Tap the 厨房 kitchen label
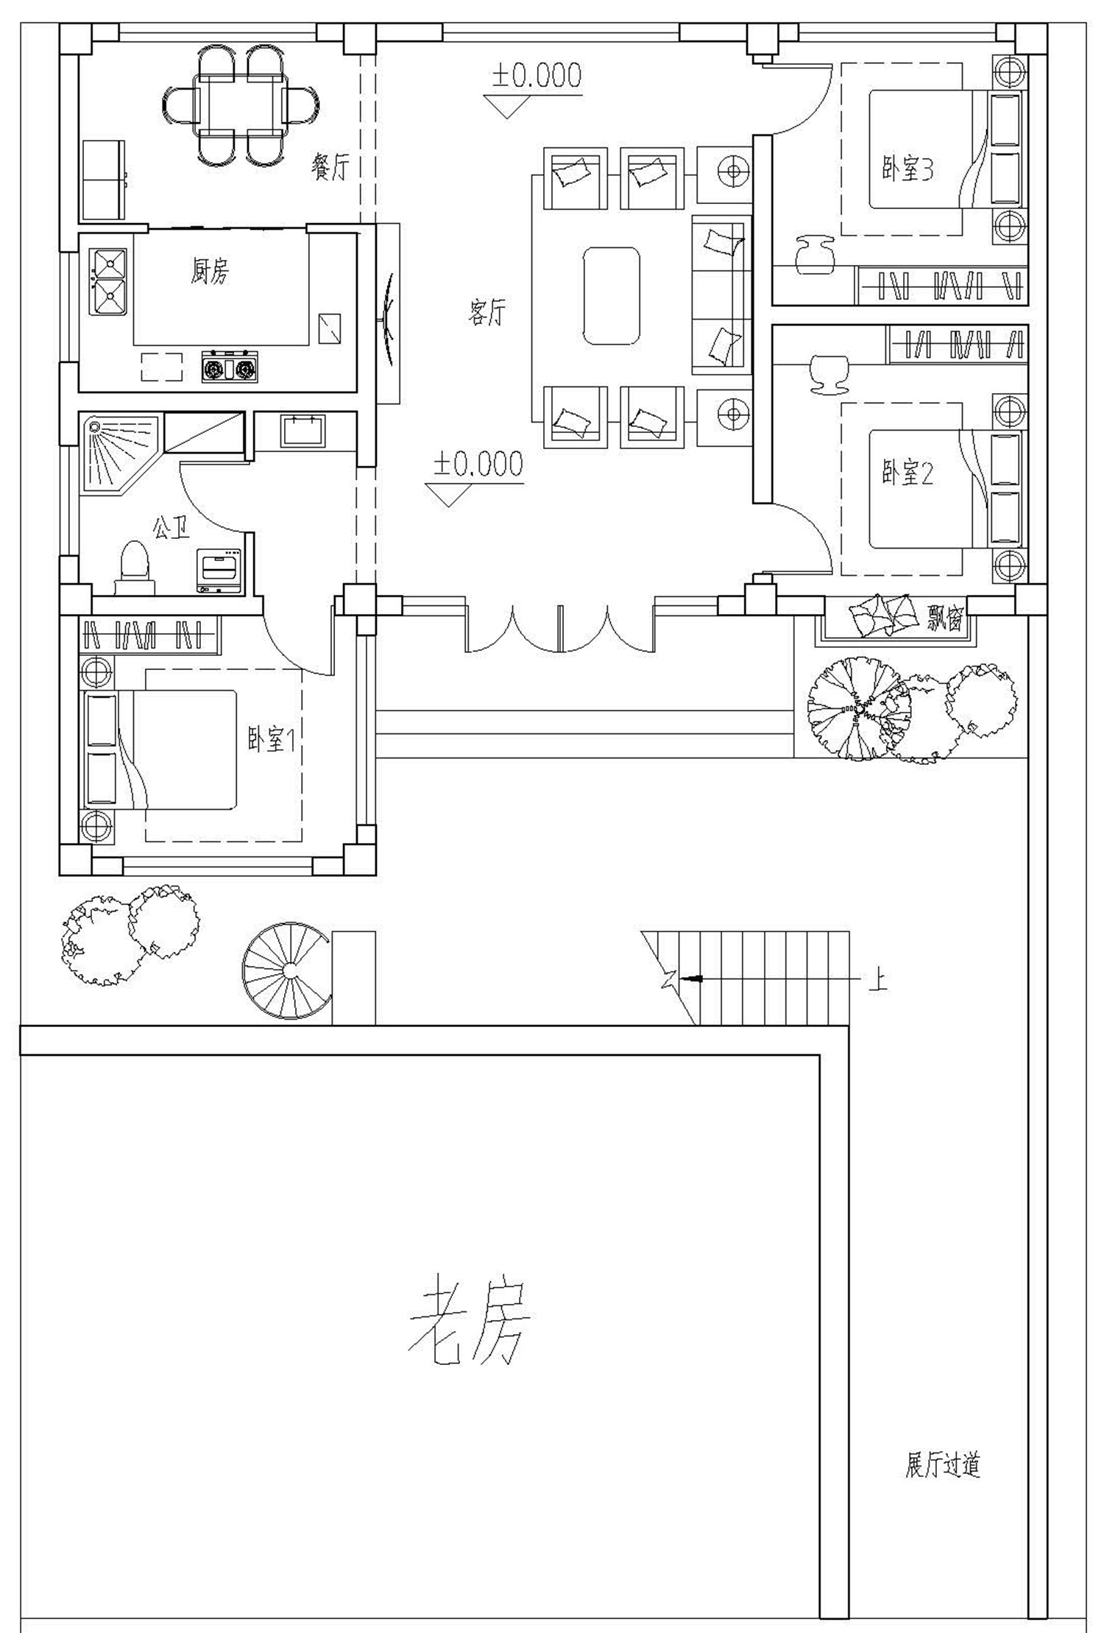pos(210,272)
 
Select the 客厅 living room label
pos(487,312)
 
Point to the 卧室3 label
pos(908,170)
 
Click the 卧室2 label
pos(908,473)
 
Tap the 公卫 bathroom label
pos(171,527)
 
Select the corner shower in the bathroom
pos(119,453)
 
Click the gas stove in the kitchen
pos(230,367)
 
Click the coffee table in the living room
pos(610,296)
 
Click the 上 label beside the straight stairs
pos(877,979)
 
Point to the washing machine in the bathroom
pos(219,570)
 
